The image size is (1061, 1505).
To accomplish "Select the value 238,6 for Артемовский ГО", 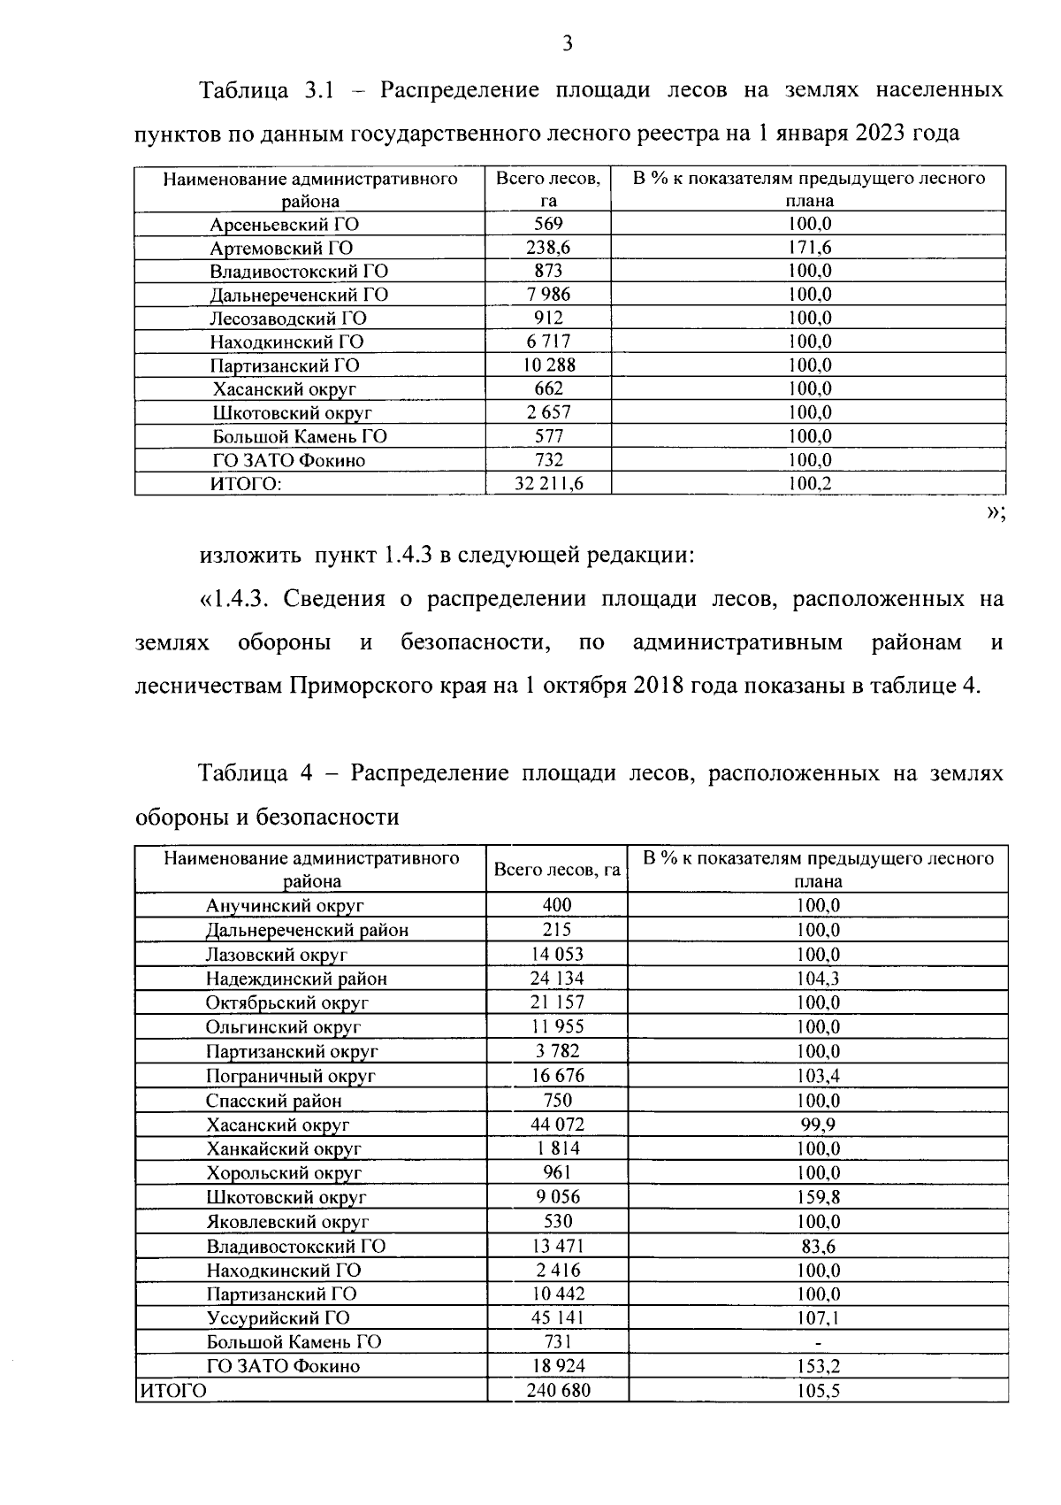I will click(x=549, y=248).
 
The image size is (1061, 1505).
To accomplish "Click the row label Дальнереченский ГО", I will click(x=299, y=295).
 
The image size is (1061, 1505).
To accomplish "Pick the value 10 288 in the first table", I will click(x=549, y=365).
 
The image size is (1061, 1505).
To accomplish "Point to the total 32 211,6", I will click(x=549, y=483).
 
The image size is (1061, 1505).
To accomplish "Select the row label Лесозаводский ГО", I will click(x=288, y=319).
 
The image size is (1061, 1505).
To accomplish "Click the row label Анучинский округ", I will click(x=285, y=905).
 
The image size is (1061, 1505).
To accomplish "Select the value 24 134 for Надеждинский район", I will click(x=557, y=978).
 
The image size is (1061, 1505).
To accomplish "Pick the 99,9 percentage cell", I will click(x=818, y=1125).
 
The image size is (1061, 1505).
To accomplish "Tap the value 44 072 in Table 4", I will click(x=557, y=1125).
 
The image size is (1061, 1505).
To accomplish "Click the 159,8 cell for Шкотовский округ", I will click(x=818, y=1197).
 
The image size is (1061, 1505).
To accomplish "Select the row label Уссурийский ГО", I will click(x=278, y=1317).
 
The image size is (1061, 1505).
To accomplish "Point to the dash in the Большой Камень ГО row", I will click(x=818, y=1342).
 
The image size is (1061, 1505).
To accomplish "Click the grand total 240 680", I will click(x=558, y=1390).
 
